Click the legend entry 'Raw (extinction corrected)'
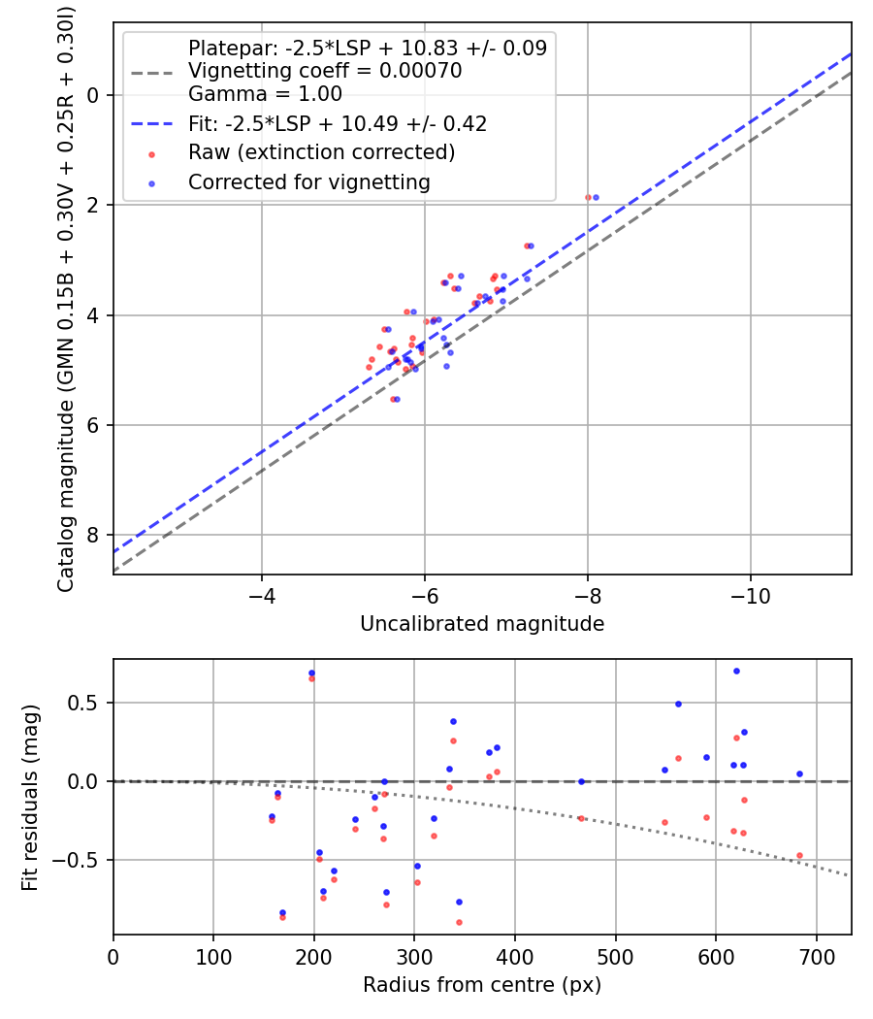321,152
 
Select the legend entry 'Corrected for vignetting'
308,181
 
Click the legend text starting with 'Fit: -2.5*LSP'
338,123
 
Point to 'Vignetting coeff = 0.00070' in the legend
324,71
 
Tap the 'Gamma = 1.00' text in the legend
265,94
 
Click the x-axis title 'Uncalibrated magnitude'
482,624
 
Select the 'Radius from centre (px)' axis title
482,985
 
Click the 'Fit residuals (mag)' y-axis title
30,798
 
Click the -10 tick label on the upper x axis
750,594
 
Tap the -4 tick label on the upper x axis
261,594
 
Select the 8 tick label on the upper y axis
94,536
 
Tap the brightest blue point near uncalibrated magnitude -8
596,197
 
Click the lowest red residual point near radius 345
459,922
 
